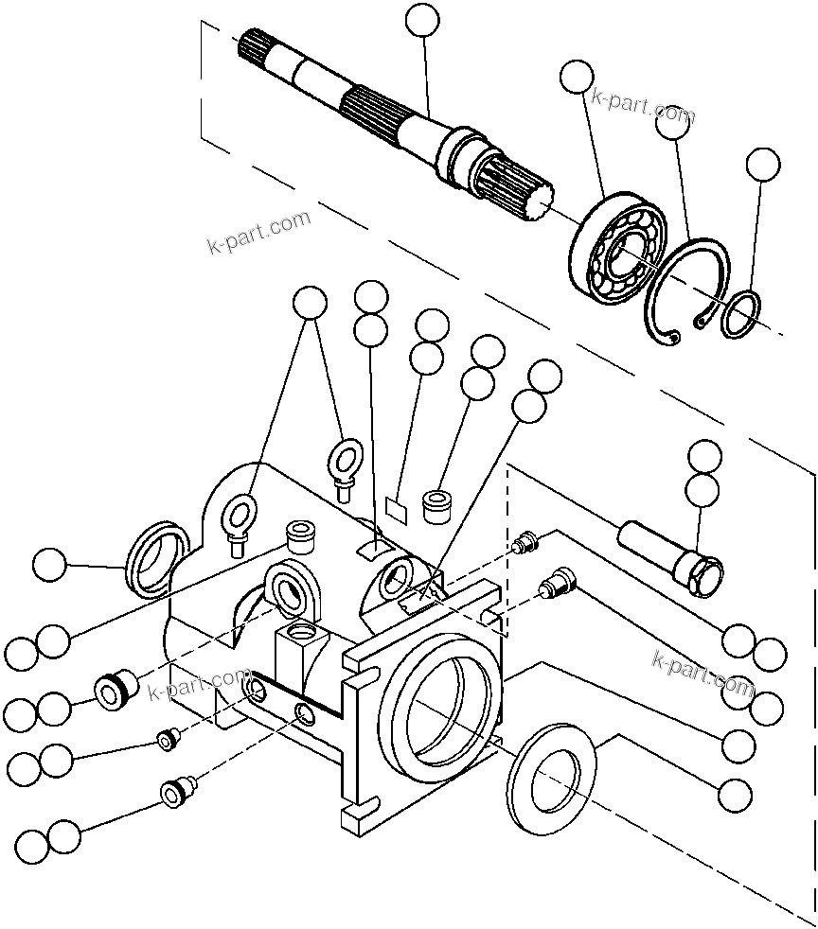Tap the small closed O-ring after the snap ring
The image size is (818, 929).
[x=741, y=314]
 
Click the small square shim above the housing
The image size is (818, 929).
[x=398, y=510]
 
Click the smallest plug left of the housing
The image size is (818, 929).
[x=169, y=741]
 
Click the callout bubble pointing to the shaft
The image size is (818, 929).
[x=422, y=20]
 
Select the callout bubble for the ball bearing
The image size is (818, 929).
[x=577, y=77]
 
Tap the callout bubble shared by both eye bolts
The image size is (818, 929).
[x=309, y=302]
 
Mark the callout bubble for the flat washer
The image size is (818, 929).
[x=735, y=795]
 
